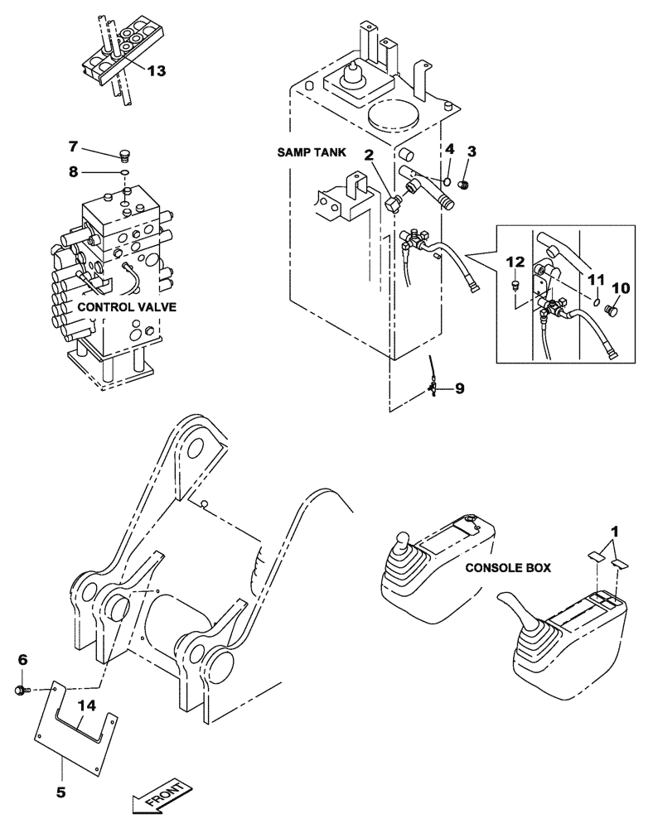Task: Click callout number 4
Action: (x=448, y=150)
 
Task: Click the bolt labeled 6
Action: (x=23, y=689)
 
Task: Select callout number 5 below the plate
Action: (x=60, y=769)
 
